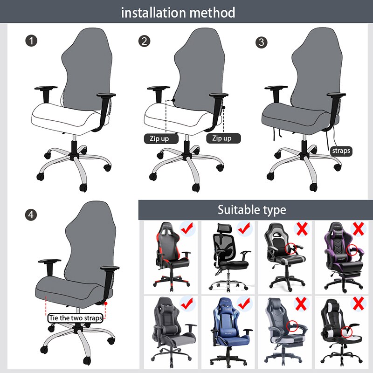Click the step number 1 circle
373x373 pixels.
tap(31, 41)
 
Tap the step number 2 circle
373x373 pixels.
tap(145, 41)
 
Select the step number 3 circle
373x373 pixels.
tap(262, 42)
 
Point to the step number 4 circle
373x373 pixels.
tap(31, 214)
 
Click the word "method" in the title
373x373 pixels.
tap(212, 13)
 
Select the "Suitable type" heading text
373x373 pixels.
tap(252, 210)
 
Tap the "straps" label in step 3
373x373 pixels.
tap(341, 151)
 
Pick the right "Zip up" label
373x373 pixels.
tap(222, 138)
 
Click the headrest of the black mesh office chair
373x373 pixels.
tap(222, 230)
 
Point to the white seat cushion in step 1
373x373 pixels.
tap(65, 114)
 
